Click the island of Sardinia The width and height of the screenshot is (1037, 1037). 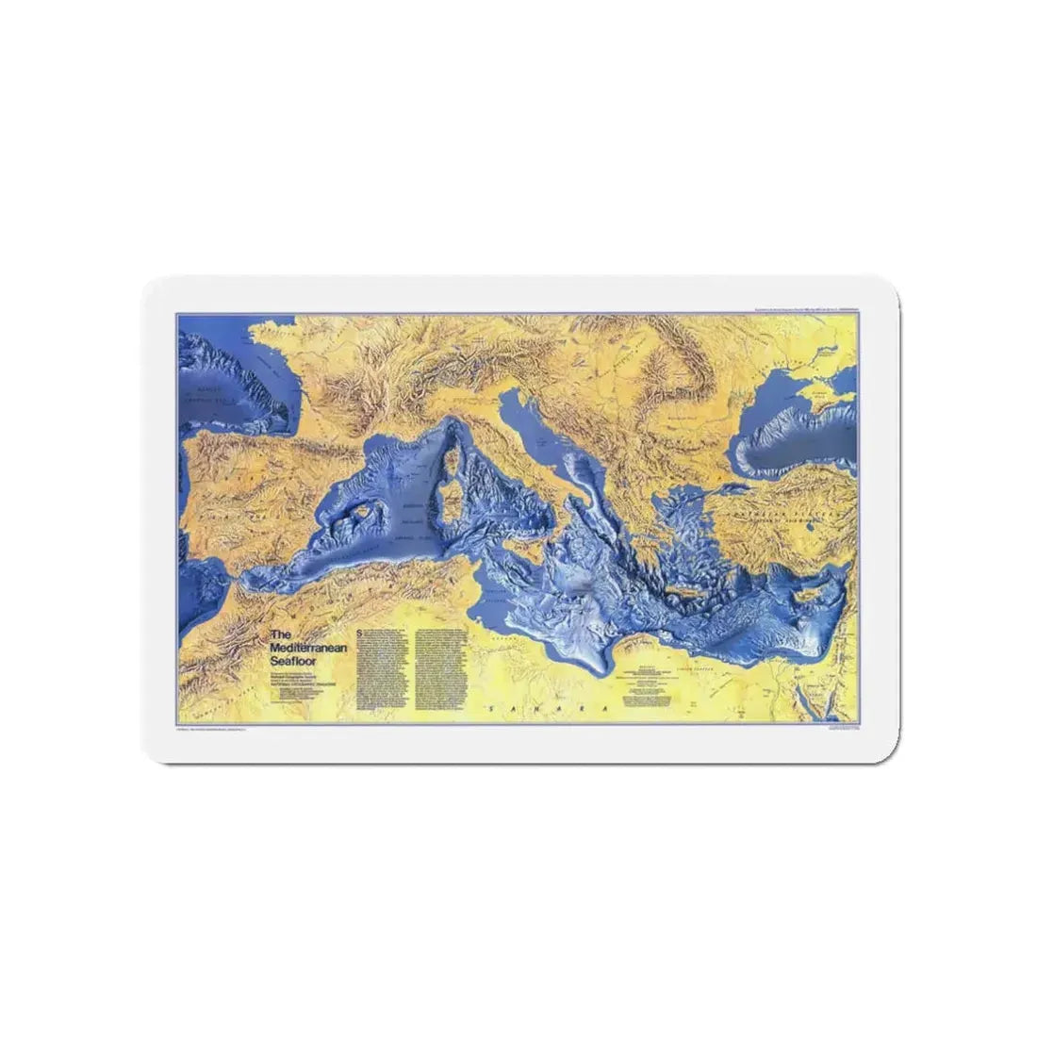pyautogui.click(x=451, y=509)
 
